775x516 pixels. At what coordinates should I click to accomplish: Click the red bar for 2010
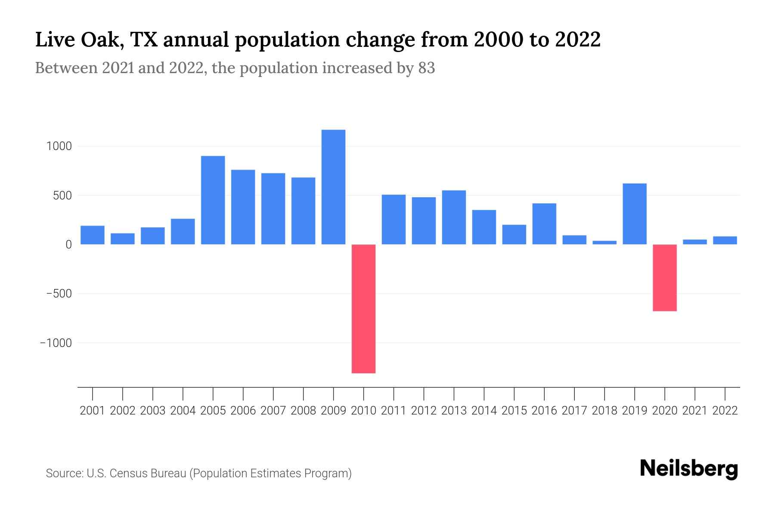point(363,308)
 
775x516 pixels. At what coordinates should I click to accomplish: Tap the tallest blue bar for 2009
point(333,187)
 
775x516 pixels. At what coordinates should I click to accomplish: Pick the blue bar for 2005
point(213,200)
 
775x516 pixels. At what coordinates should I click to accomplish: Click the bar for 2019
point(634,214)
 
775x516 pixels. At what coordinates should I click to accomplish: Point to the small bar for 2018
point(604,243)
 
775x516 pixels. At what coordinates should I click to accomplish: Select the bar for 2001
point(93,235)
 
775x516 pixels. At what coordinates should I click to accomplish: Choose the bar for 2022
point(725,240)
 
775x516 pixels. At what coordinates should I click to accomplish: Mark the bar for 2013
point(454,217)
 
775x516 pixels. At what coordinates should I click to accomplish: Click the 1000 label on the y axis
point(59,146)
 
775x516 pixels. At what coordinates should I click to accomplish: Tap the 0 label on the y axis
point(68,245)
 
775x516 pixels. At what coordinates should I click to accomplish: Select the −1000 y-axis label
point(56,343)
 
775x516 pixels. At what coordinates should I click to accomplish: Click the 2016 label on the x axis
point(544,411)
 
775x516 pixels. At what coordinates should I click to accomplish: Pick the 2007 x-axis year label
point(273,411)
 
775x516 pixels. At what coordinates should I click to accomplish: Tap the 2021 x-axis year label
point(694,411)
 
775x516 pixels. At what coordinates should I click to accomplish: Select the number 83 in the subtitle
point(426,68)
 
